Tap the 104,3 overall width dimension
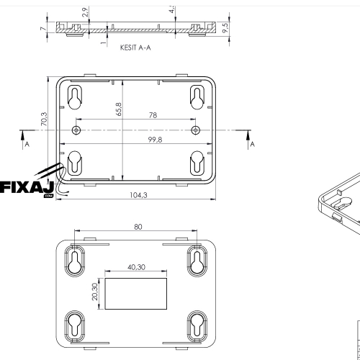[137, 195]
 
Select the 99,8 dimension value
[137, 140]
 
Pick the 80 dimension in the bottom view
[138, 227]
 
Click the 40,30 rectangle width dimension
[136, 266]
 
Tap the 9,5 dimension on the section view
[225, 29]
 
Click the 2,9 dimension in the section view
[85, 13]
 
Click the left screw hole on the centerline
[76, 130]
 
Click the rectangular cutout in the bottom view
[135, 290]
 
